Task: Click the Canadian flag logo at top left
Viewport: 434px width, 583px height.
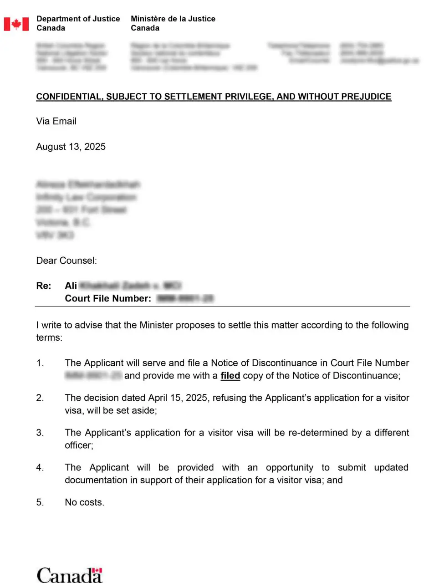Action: pyautogui.click(x=16, y=24)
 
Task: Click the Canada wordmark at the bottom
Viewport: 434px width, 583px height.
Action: pyautogui.click(x=69, y=575)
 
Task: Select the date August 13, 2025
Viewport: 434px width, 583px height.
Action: pyautogui.click(x=71, y=147)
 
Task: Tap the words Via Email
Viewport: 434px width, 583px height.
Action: pyautogui.click(x=56, y=121)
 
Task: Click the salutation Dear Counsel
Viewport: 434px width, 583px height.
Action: pyautogui.click(x=66, y=261)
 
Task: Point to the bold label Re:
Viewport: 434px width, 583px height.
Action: pyautogui.click(x=44, y=286)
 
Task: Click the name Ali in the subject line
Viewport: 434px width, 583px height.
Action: pyautogui.click(x=71, y=286)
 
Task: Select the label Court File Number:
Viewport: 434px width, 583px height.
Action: pyautogui.click(x=108, y=298)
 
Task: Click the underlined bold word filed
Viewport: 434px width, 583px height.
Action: pyautogui.click(x=230, y=376)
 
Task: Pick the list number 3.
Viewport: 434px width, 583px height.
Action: pyautogui.click(x=40, y=433)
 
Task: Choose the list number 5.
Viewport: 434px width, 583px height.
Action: pyautogui.click(x=40, y=502)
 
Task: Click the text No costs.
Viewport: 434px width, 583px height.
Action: pyautogui.click(x=84, y=502)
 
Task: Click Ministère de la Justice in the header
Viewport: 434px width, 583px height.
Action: pyautogui.click(x=173, y=19)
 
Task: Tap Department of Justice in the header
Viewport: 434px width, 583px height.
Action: pyautogui.click(x=78, y=19)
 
